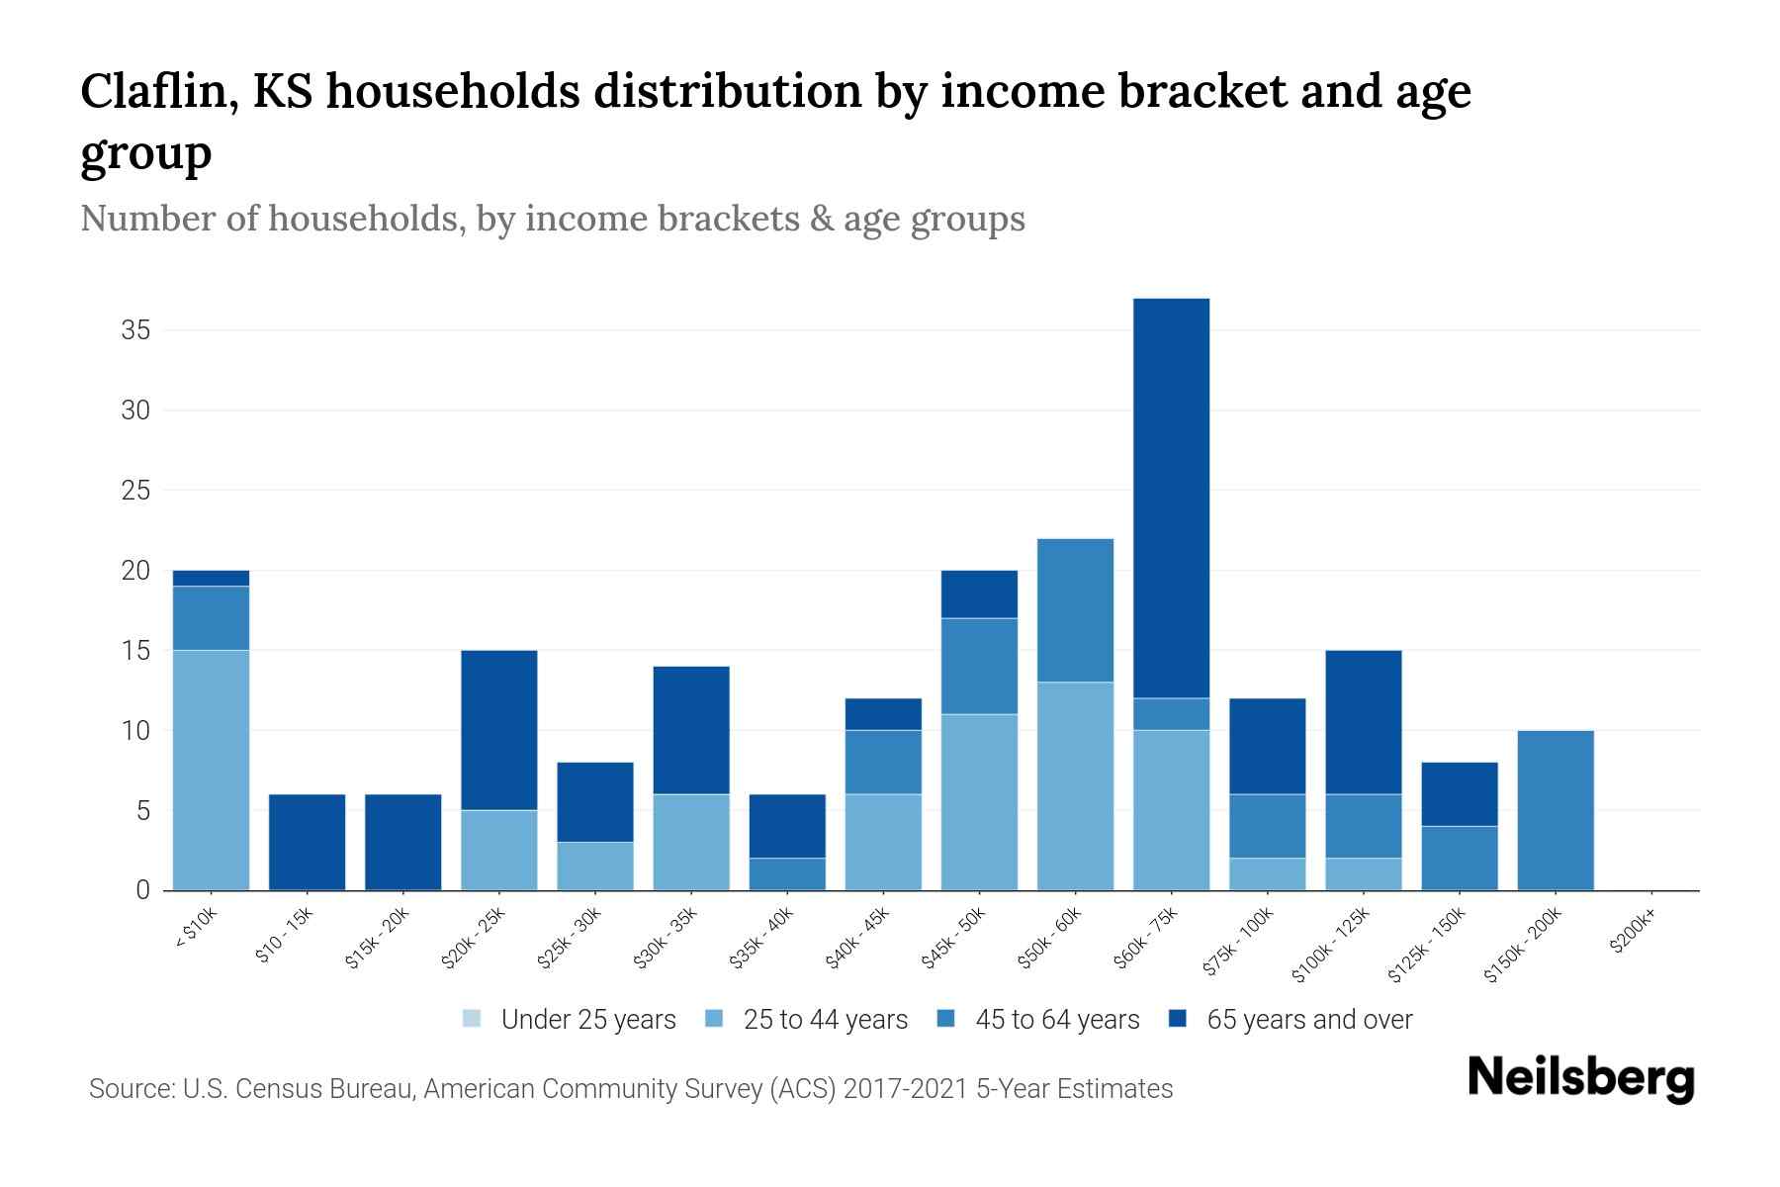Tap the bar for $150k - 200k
point(1556,810)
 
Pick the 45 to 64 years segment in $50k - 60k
point(1075,610)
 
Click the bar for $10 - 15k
point(307,842)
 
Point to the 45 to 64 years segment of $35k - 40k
point(787,873)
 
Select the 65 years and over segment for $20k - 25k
point(498,730)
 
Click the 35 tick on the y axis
point(135,330)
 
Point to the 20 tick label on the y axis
point(135,571)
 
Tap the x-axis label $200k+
point(1633,934)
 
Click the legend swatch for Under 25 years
point(473,1019)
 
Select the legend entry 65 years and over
point(1308,1020)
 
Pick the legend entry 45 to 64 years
point(1056,1020)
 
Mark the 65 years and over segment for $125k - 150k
point(1460,793)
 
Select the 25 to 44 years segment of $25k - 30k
point(594,866)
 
